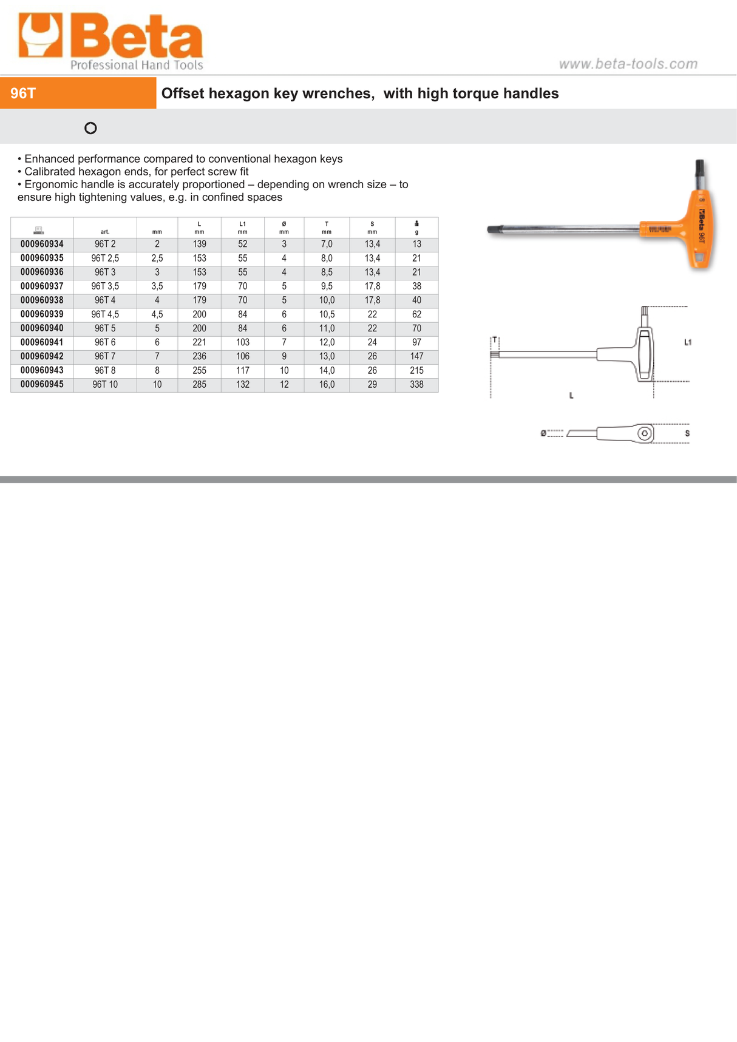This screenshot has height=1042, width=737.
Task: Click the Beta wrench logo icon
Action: tap(40, 36)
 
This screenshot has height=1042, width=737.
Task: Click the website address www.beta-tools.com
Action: tap(628, 64)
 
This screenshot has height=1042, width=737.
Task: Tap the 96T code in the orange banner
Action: tap(23, 93)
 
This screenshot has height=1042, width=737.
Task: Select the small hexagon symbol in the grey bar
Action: tap(90, 128)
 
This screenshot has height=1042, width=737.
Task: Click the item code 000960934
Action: tap(42, 244)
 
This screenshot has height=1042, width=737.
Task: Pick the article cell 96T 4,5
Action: tap(105, 314)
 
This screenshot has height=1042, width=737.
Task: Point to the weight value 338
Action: tap(416, 385)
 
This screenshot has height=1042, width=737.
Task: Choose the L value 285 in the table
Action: tap(199, 385)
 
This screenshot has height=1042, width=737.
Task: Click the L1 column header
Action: tap(242, 228)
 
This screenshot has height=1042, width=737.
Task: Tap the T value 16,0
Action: tap(327, 385)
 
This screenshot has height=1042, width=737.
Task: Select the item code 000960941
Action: tap(42, 342)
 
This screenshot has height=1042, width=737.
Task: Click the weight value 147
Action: tap(416, 356)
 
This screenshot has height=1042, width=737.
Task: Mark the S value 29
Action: tap(372, 385)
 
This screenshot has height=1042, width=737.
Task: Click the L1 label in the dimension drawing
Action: tap(688, 342)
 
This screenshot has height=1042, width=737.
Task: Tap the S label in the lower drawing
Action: tap(687, 433)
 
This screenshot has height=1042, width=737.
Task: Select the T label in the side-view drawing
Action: tap(495, 340)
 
